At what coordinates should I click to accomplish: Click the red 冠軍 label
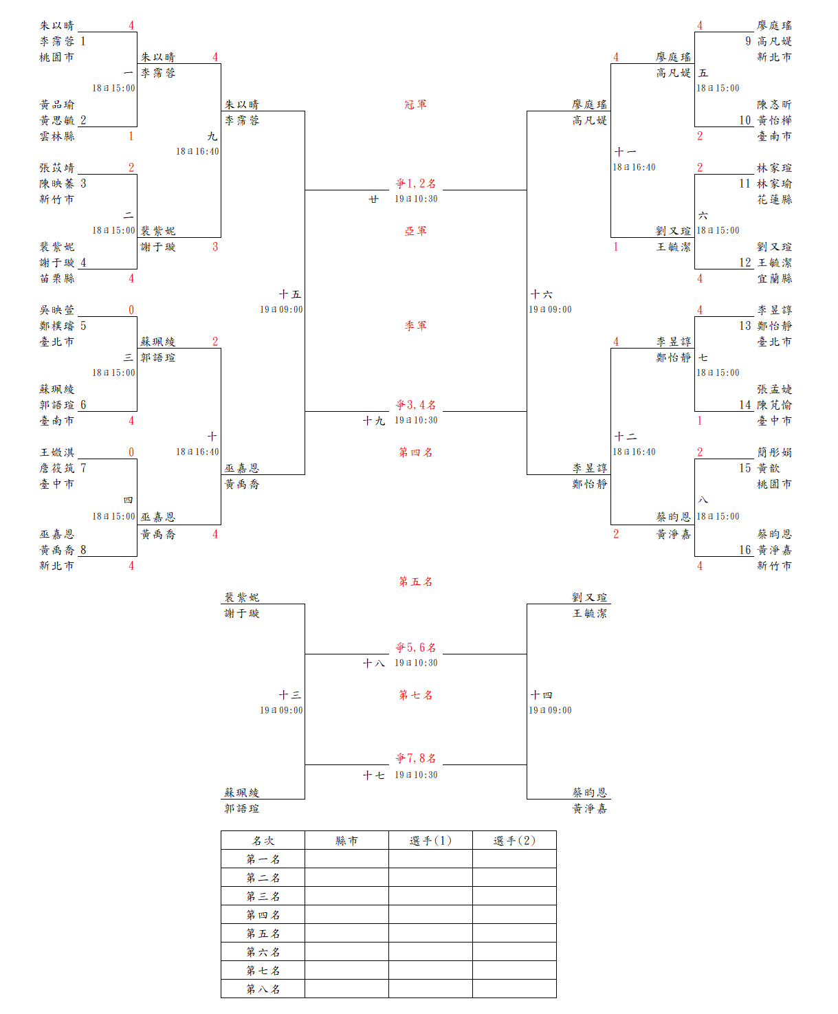click(x=415, y=104)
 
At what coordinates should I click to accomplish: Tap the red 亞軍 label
click(x=415, y=231)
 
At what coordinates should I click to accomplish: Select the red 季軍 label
click(x=415, y=326)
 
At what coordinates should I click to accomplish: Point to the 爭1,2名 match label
click(x=415, y=184)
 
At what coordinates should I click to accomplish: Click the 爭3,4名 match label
click(x=415, y=405)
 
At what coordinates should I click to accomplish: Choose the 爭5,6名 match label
click(x=415, y=648)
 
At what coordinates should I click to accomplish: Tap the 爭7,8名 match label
click(x=415, y=758)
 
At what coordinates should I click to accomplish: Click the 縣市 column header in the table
click(x=346, y=841)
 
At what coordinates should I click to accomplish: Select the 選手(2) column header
click(x=514, y=841)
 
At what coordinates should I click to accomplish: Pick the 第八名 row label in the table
click(x=263, y=989)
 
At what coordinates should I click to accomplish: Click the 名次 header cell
click(x=263, y=841)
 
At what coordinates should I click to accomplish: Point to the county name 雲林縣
click(x=56, y=136)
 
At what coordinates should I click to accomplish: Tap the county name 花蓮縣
click(x=775, y=199)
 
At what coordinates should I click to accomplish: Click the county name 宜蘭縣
click(x=775, y=278)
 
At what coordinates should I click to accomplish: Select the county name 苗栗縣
click(x=56, y=278)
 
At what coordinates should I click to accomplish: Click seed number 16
click(x=745, y=550)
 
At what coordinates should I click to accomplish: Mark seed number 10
click(x=745, y=120)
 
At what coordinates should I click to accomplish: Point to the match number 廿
click(x=373, y=199)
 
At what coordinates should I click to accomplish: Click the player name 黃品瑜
click(x=56, y=104)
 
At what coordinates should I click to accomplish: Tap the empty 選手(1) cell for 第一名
click(x=430, y=859)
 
